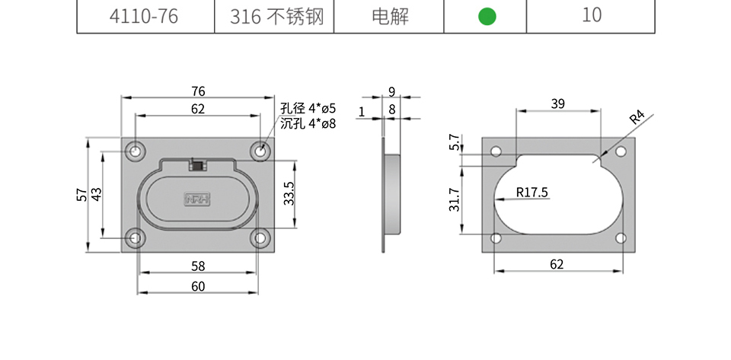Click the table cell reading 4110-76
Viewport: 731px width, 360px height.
(144, 17)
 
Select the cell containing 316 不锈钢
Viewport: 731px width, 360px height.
(274, 17)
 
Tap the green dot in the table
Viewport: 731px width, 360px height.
(487, 17)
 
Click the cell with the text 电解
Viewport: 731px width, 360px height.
(390, 17)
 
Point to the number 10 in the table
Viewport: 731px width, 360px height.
(591, 16)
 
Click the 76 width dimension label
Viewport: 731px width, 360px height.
(198, 91)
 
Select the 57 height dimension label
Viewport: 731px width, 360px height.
(82, 194)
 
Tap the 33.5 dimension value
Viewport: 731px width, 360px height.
(289, 193)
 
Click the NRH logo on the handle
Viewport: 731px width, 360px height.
(198, 199)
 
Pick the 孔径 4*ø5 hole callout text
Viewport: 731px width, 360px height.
(308, 109)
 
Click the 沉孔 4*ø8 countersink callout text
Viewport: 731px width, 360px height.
(308, 123)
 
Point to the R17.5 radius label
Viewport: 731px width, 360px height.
(532, 193)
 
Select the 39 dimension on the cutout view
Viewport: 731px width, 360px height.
(558, 104)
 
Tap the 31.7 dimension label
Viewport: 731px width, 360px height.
(455, 199)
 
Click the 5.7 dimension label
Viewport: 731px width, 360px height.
(455, 142)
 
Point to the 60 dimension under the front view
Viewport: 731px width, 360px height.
(198, 286)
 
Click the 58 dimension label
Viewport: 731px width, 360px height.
(198, 266)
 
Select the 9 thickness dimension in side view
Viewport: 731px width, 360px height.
(391, 92)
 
